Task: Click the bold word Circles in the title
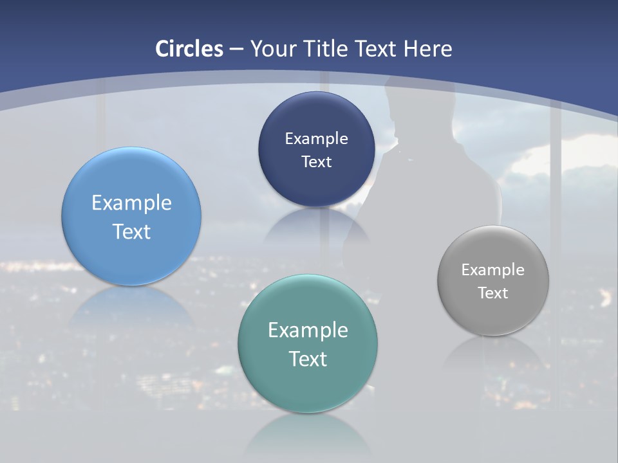click(189, 49)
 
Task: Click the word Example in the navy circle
click(316, 138)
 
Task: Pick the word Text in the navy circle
click(316, 161)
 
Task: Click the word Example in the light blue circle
click(131, 203)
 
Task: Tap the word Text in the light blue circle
click(131, 232)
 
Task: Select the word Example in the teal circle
click(308, 330)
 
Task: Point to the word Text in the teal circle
click(308, 359)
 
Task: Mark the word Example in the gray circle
click(493, 270)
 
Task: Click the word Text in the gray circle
click(493, 293)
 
